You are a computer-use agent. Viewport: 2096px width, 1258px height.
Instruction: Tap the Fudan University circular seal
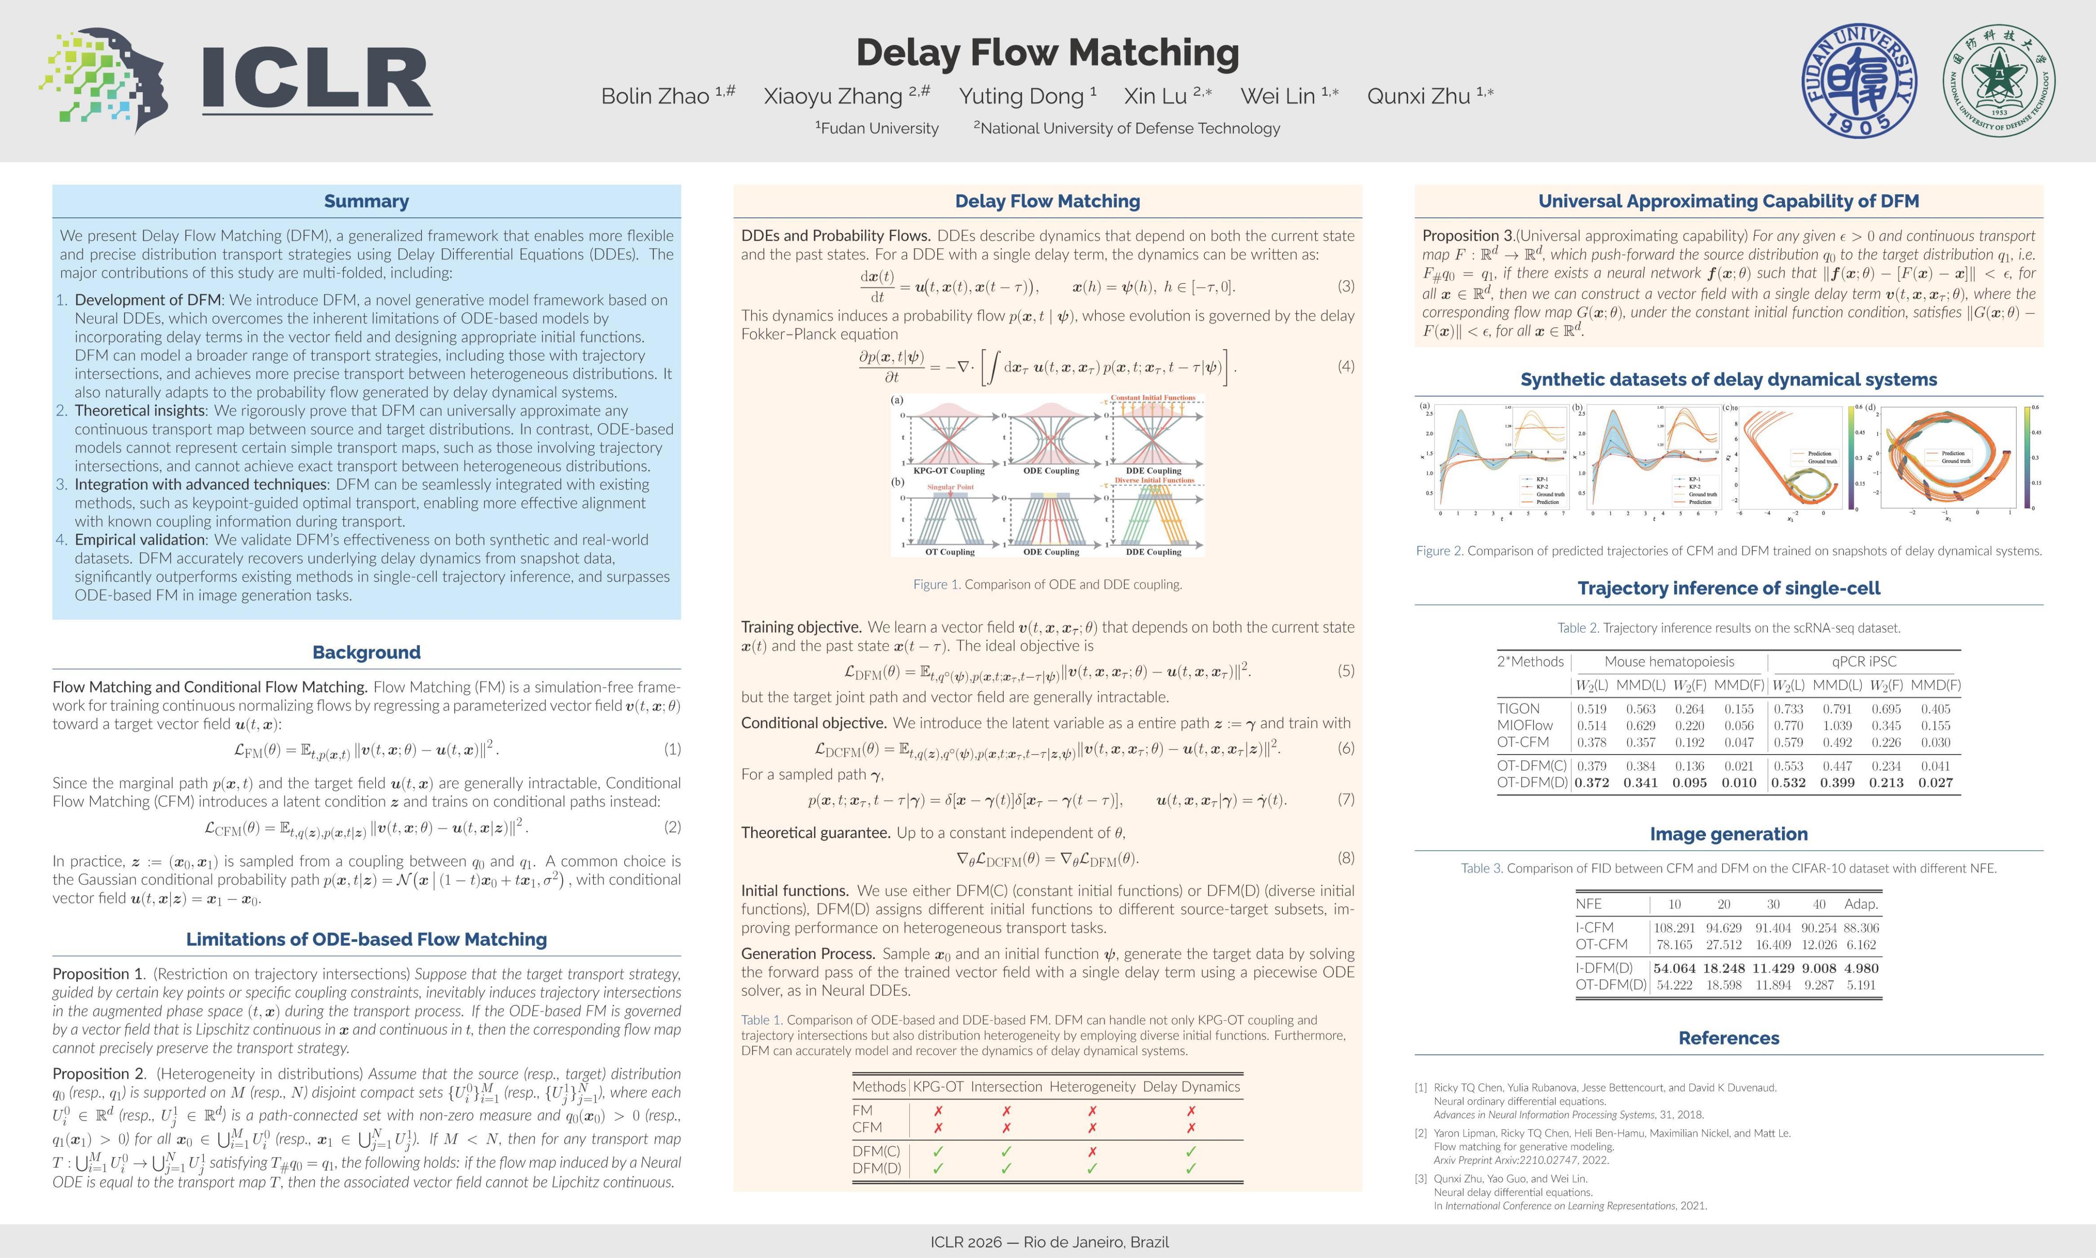tap(1859, 80)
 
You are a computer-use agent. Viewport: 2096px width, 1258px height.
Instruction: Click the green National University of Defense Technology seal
tap(1999, 80)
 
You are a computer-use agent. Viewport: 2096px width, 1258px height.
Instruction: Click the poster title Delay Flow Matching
tap(1047, 53)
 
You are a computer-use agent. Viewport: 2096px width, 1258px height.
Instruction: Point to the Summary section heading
tap(366, 201)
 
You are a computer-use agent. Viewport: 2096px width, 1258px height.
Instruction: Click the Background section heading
tap(366, 652)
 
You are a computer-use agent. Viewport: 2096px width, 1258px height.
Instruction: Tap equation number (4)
tap(1346, 366)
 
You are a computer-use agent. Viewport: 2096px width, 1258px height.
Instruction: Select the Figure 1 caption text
tap(1047, 584)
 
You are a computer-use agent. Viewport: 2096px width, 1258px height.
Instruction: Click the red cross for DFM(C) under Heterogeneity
tap(1092, 1151)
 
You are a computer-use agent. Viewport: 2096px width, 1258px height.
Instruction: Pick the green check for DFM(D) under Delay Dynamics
tap(1191, 1168)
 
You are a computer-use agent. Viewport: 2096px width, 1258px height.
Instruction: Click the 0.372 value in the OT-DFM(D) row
tap(1591, 782)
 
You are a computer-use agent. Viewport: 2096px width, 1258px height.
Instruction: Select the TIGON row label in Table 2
tap(1518, 709)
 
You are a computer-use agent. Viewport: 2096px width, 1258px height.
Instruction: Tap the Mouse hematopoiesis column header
tap(1669, 661)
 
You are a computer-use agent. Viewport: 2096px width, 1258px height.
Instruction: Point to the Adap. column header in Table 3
tap(1861, 904)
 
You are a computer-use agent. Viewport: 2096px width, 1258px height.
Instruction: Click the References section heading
tap(1729, 1037)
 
